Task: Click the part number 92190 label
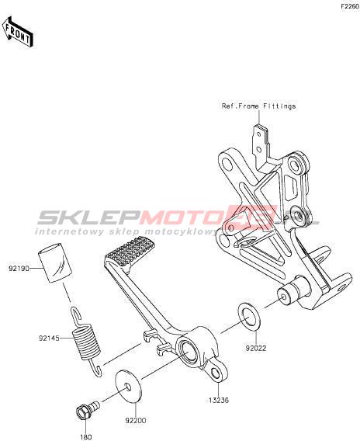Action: (x=19, y=269)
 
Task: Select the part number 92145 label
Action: (x=49, y=338)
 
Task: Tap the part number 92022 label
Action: (x=256, y=348)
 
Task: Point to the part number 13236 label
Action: (x=219, y=400)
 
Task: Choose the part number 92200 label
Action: (x=136, y=421)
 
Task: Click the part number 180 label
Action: (x=86, y=437)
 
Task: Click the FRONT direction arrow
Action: (x=18, y=32)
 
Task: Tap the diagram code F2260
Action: (x=350, y=7)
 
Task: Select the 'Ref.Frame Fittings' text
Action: (x=258, y=106)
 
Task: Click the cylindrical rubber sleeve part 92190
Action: (x=55, y=262)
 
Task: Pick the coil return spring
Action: (x=86, y=341)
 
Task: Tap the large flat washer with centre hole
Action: (x=128, y=387)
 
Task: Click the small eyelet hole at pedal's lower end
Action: (x=215, y=373)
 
